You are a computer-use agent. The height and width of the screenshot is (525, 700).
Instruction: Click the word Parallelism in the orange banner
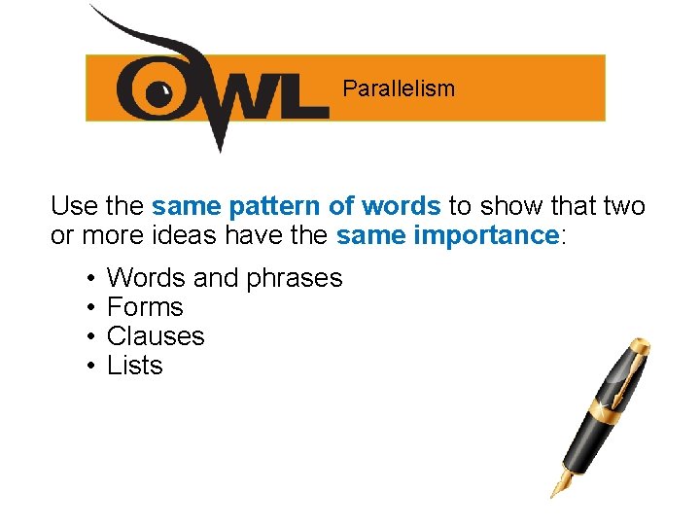coord(399,89)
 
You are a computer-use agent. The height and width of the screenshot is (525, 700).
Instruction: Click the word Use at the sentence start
coord(72,206)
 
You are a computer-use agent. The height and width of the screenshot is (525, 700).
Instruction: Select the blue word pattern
coord(267,206)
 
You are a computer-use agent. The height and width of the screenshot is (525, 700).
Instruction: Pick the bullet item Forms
coord(145,307)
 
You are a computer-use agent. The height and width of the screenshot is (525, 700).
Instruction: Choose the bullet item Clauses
coord(156,336)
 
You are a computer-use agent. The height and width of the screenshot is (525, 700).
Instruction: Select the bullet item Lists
coord(135,366)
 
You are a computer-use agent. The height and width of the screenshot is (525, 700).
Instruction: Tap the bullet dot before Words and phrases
coord(88,279)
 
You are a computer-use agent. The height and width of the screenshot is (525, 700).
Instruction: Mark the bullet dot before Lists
coord(88,367)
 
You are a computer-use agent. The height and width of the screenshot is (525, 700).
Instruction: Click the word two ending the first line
coord(623,206)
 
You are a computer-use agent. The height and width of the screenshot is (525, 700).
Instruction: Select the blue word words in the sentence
coord(402,206)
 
